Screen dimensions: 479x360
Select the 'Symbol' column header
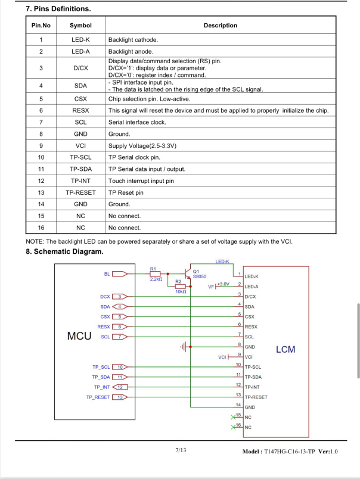pyautogui.click(x=80, y=26)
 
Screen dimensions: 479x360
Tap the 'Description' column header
pyautogui.click(x=220, y=26)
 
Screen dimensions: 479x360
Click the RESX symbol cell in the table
pyautogui.click(x=80, y=111)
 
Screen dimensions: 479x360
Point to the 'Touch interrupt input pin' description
pyautogui.click(x=141, y=181)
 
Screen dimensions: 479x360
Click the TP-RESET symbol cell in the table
pyautogui.click(x=80, y=193)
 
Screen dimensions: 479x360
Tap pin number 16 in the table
pyautogui.click(x=41, y=228)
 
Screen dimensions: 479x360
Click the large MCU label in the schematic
pyautogui.click(x=79, y=335)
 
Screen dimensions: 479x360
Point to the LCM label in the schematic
pyautogui.click(x=285, y=349)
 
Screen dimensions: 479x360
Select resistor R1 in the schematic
pyautogui.click(x=155, y=273)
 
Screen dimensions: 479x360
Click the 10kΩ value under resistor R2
pyautogui.click(x=181, y=292)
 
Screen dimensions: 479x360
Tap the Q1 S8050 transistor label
pyautogui.click(x=199, y=274)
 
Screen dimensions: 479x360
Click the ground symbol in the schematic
pyautogui.click(x=184, y=346)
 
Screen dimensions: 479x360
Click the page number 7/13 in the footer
pyautogui.click(x=181, y=450)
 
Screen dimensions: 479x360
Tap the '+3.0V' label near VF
pyautogui.click(x=223, y=284)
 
